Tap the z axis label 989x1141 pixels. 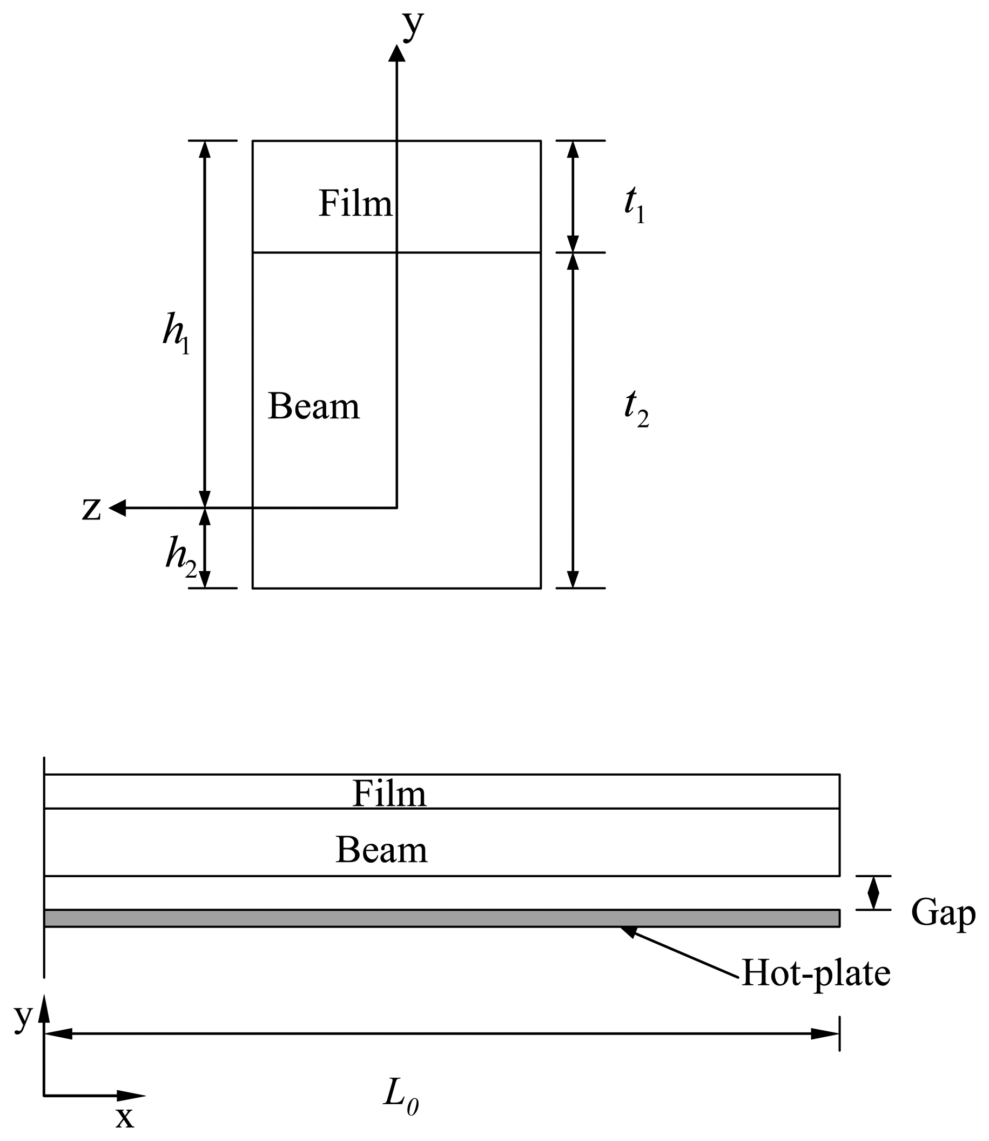pos(92,509)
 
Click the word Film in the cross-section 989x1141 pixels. pos(355,203)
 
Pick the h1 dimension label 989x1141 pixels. pos(176,332)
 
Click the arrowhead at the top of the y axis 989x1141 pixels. pos(397,53)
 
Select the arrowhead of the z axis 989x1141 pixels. pos(118,508)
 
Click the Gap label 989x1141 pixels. pos(943,913)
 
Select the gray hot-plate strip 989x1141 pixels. pos(441,918)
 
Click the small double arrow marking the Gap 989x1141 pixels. pos(873,892)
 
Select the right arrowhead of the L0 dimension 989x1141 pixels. pos(825,1034)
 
